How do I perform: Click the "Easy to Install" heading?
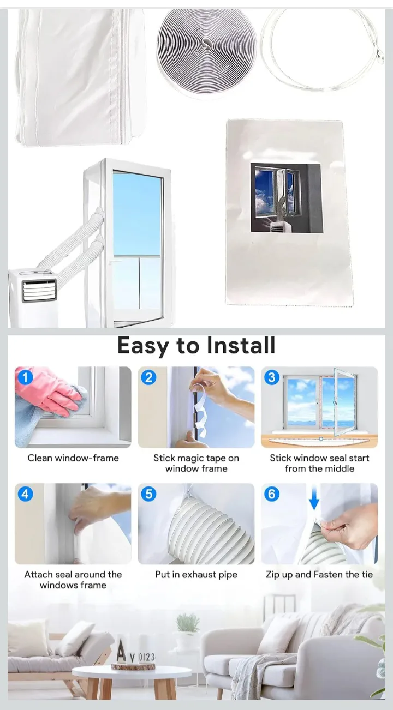point(196,346)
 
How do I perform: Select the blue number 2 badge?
point(148,377)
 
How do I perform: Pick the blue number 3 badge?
point(272,377)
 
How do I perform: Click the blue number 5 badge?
point(148,494)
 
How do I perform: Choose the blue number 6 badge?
point(272,494)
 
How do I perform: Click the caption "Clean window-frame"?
point(73,458)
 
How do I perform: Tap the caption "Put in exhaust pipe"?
point(196,575)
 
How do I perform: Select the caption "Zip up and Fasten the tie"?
point(319,575)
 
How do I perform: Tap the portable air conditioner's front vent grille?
point(39,291)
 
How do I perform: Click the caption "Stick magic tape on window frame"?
point(196,464)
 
